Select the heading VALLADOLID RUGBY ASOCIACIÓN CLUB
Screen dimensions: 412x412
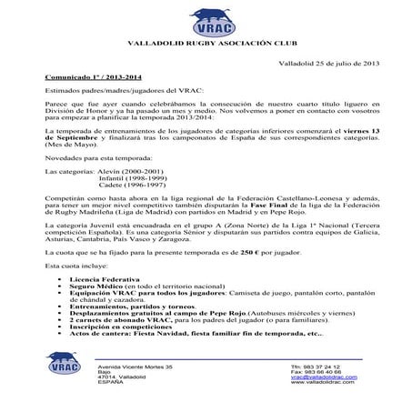[x=206, y=43]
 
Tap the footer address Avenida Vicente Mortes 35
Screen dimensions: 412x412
[x=134, y=367]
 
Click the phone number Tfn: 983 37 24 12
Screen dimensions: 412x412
[x=324, y=367]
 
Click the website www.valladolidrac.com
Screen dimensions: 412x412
[x=327, y=386]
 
